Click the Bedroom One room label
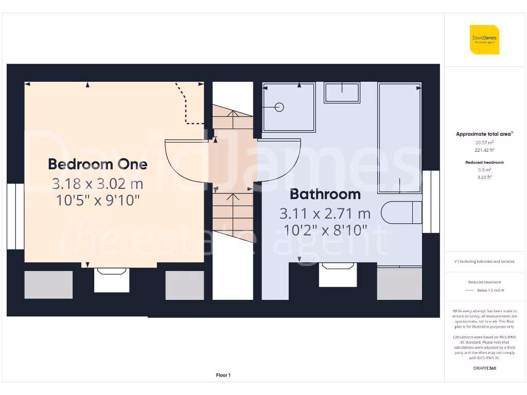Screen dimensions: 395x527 pos(98,164)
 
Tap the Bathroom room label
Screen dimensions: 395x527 pos(325,194)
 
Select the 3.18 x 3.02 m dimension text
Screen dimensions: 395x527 pos(98,183)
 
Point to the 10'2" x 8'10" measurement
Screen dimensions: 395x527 pos(325,229)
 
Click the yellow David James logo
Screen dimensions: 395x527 pos(484,40)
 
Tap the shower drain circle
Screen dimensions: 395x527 pos(279,107)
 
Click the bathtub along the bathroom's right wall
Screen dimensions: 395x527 pos(399,138)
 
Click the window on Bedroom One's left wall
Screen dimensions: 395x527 pos(15,216)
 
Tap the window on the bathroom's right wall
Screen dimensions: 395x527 pos(431,202)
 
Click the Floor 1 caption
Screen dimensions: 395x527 pos(223,375)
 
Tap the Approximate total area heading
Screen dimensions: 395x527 pos(483,134)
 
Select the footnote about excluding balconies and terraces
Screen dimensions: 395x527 pos(484,261)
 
